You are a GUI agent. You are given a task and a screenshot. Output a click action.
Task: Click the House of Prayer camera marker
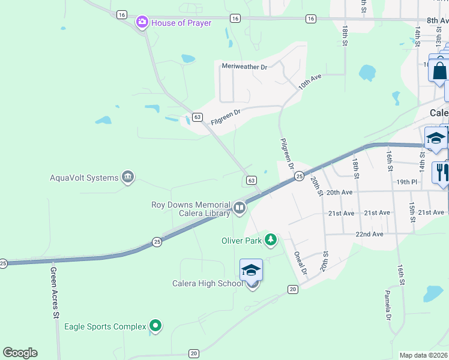pyautogui.click(x=142, y=23)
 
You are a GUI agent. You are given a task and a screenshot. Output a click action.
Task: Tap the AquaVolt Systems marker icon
pyautogui.click(x=127, y=178)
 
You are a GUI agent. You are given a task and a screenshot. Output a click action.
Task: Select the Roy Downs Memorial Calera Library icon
pyautogui.click(x=240, y=208)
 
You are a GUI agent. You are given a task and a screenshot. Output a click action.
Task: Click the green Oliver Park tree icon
pyautogui.click(x=271, y=241)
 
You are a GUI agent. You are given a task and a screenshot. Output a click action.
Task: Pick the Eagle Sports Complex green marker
pyautogui.click(x=156, y=326)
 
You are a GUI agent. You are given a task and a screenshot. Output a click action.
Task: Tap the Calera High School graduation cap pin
pyautogui.click(x=251, y=272)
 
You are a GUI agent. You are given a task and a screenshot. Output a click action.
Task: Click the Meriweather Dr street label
pyautogui.click(x=244, y=67)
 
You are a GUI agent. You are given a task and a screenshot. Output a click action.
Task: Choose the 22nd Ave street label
pyautogui.click(x=369, y=234)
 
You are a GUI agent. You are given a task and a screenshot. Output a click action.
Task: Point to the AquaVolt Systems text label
pyautogui.click(x=85, y=178)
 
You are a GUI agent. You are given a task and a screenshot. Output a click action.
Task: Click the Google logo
pyautogui.click(x=20, y=353)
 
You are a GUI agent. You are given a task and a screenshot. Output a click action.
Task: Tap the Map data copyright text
pyautogui.click(x=424, y=355)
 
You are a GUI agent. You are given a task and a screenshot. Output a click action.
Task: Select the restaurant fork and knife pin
pyautogui.click(x=441, y=172)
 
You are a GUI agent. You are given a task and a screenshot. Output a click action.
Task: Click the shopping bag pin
pyautogui.click(x=439, y=71)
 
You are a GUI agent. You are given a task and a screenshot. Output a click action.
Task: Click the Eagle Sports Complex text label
pyautogui.click(x=106, y=326)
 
